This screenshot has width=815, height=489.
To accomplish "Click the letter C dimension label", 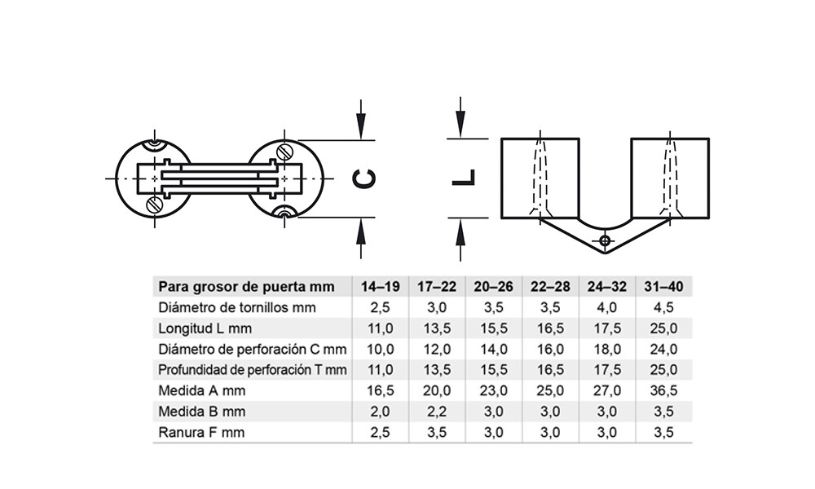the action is pos(363,178).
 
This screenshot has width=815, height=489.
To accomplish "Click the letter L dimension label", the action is pos(463,178).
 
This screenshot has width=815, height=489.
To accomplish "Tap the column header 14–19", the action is pos(380,287).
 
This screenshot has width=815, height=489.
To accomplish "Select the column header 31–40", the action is pos(663,287).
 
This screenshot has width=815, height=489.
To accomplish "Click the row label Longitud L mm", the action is pos(205,328).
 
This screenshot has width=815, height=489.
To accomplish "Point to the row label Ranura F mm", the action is pos(201,432).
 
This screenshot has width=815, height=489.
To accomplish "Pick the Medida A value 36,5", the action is pos(663,390).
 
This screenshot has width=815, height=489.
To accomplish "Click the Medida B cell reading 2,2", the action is pos(437,412).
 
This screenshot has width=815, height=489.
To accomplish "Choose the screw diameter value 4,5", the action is pos(663,307).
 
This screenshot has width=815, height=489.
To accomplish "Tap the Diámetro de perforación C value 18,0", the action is pos(607,349).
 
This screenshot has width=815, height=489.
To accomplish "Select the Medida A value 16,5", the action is pos(380,390).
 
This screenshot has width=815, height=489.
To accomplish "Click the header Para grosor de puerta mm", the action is pos(246,287).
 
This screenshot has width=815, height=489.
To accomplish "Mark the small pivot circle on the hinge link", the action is pos(605,241).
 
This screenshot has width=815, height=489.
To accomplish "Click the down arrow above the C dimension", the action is pos(361,120).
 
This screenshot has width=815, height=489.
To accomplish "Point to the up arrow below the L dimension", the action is pos(460,239).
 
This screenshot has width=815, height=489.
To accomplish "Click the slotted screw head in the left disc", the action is pos(153,205).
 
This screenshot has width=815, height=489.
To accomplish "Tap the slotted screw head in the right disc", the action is pos(284,152).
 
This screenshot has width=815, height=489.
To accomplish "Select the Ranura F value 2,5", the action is pos(380,432).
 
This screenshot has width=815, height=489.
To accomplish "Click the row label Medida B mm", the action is pos(201,412).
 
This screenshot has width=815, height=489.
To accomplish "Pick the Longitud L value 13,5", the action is pos(437,328).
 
